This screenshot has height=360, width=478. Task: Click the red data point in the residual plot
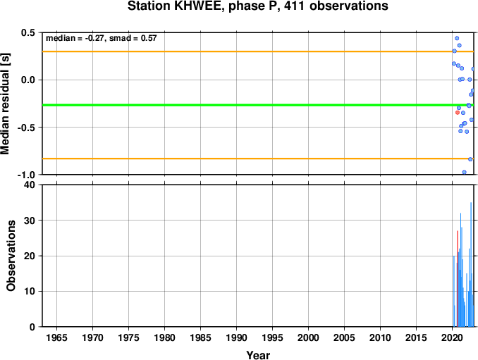pos(458,113)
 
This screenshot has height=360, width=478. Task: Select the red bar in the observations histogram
pos(458,279)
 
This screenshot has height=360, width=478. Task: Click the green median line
pos(258,105)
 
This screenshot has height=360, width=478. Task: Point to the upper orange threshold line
pos(258,51)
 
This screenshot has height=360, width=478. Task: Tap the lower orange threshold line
pos(258,159)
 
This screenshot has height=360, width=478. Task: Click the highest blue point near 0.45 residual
pos(457,38)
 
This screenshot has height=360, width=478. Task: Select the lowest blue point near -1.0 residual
pos(464,172)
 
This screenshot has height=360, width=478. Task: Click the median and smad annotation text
pos(102,38)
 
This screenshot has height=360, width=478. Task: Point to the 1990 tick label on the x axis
pos(236,337)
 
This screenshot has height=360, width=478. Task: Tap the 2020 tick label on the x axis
pos(452,337)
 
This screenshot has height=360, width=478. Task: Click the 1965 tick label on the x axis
pos(56,337)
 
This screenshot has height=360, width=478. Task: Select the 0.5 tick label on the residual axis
pos(28,32)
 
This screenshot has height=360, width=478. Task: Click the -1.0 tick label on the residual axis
pos(26,175)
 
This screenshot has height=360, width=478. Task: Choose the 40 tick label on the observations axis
pos(30,185)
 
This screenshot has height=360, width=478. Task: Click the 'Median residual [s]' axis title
pos(6,104)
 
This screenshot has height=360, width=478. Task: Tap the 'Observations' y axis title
pos(11,256)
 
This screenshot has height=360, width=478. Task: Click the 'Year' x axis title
pos(258,355)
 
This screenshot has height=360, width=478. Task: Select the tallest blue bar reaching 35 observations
pos(471,264)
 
